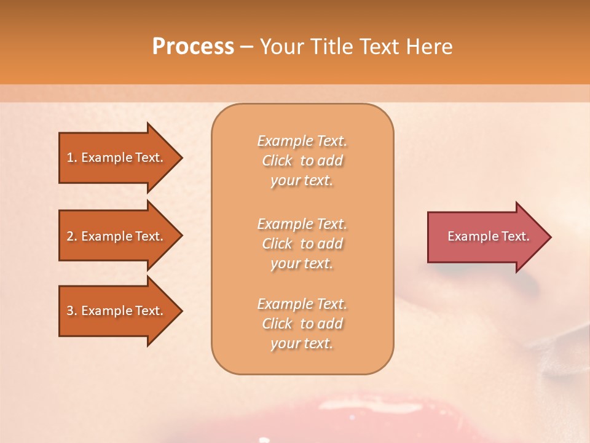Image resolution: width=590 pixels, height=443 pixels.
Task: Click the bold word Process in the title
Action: (193, 47)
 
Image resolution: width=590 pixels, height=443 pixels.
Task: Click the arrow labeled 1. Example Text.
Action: (117, 158)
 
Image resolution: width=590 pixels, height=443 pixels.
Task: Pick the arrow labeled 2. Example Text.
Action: (117, 236)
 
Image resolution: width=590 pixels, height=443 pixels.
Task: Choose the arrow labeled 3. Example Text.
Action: (117, 311)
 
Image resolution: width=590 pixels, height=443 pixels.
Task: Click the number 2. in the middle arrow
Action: (72, 236)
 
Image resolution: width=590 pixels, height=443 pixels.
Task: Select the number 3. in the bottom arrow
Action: (72, 311)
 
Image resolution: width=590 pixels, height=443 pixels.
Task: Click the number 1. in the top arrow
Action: (72, 158)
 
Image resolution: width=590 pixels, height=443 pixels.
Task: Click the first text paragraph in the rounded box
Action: (302, 161)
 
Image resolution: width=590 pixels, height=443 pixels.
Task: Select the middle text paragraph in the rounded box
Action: (302, 244)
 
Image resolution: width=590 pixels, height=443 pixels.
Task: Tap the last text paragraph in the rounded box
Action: (302, 324)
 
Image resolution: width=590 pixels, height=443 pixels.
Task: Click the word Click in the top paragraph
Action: (277, 161)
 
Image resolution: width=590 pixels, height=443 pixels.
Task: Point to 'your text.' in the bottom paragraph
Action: (302, 344)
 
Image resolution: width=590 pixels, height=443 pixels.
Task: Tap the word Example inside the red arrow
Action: (469, 236)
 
